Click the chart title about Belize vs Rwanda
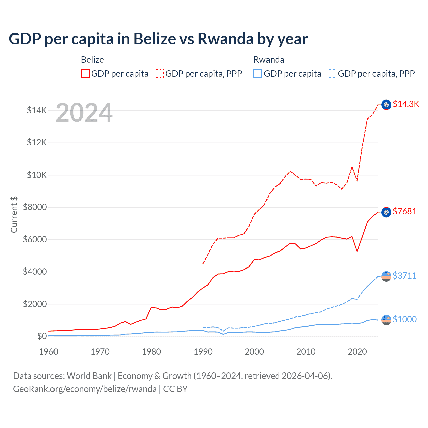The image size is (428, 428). (158, 39)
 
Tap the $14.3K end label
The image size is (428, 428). (406, 104)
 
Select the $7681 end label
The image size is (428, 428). (405, 212)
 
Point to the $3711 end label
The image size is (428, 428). (405, 276)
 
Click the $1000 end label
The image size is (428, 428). (405, 320)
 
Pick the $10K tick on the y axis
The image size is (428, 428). (37, 175)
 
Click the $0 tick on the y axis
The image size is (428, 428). (42, 336)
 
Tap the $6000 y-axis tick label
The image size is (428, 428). (35, 239)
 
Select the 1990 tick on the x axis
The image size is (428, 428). (203, 352)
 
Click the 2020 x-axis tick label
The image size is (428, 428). (357, 352)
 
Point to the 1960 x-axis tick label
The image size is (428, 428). (49, 352)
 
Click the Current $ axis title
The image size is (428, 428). (14, 214)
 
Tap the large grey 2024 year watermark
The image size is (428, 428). (84, 113)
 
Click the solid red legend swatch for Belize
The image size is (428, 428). (85, 74)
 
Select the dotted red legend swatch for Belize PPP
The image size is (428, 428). (159, 74)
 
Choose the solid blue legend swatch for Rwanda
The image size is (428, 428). (258, 74)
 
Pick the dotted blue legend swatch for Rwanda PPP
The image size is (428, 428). (332, 74)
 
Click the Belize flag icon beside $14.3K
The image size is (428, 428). (386, 105)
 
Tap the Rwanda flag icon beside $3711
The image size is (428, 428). (386, 276)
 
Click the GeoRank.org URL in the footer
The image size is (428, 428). (85, 389)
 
